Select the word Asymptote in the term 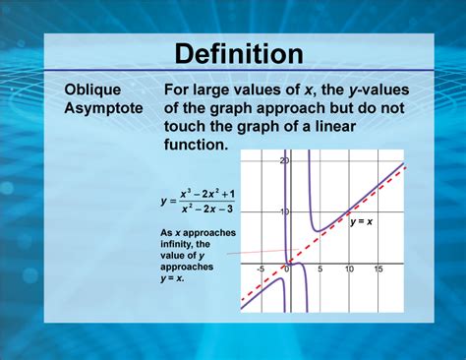click(x=104, y=107)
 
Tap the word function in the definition click(x=196, y=145)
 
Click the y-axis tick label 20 click(x=283, y=160)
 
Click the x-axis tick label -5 click(x=261, y=270)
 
